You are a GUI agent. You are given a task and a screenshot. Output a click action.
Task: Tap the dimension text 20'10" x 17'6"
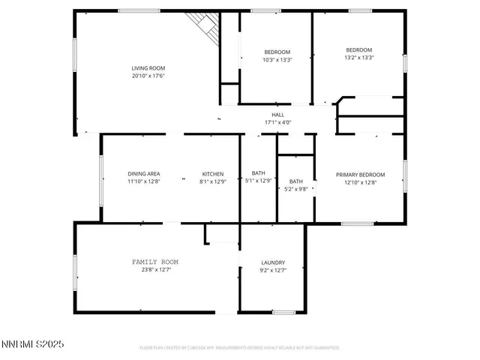[148, 76]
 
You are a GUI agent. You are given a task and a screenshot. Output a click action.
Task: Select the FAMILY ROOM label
[155, 262]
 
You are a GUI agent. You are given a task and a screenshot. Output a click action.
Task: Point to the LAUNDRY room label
[272, 262]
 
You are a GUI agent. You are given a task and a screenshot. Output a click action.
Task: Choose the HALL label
[277, 115]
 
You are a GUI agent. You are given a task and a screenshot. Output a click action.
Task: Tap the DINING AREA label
[142, 174]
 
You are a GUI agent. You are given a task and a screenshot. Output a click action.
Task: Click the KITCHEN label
[212, 174]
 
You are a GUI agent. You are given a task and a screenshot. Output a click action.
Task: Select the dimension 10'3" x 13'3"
[277, 60]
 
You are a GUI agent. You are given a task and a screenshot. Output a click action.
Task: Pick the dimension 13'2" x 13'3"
[358, 58]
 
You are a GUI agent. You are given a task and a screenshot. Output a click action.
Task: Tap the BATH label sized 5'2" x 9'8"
[296, 181]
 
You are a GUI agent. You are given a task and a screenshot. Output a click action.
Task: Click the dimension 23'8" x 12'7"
[155, 270]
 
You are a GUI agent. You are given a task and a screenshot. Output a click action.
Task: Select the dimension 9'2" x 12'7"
[272, 271]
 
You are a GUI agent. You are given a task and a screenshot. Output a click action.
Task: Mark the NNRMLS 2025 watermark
[34, 344]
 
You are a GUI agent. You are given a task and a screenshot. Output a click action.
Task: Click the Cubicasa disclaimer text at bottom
[239, 348]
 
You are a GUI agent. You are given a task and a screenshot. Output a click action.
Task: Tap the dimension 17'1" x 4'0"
[277, 122]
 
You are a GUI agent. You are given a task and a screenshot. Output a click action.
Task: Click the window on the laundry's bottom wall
[283, 312]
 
